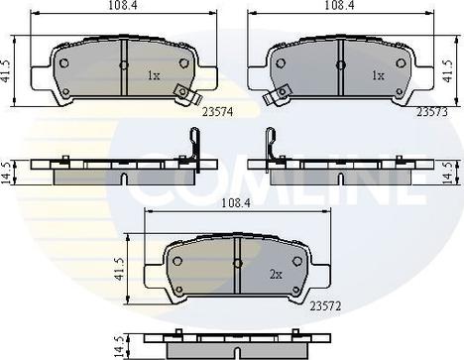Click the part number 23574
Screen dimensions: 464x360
point(217,112)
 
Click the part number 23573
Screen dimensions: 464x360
point(432,112)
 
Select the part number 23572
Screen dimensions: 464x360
point(325,306)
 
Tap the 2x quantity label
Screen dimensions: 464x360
point(276,275)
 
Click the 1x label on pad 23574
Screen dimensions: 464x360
point(154,76)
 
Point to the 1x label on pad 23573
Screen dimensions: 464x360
point(378,76)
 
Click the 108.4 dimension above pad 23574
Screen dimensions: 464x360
point(123,5)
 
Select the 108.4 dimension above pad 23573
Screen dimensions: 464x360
point(340,5)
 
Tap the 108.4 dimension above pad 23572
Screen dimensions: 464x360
point(236,202)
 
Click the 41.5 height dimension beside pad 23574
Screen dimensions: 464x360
point(5,71)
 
